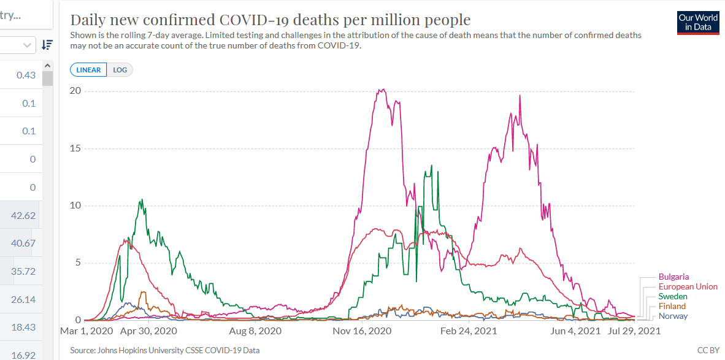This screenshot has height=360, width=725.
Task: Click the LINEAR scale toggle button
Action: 89,70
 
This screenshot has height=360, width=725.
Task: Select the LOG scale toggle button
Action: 120,70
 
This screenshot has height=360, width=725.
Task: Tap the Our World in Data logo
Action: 698,23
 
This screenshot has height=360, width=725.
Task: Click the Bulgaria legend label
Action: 673,277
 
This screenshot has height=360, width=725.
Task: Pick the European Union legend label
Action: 688,287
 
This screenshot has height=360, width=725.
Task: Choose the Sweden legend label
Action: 673,297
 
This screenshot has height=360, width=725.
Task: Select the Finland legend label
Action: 672,307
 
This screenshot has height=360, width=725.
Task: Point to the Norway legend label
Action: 673,316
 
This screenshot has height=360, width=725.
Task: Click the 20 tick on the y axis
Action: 75,91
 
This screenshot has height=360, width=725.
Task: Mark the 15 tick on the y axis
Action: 75,148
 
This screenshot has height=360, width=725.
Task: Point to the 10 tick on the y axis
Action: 75,205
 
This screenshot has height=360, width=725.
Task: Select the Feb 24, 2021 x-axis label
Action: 468,331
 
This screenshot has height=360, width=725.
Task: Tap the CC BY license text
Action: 708,350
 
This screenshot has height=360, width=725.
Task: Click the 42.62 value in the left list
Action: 23,215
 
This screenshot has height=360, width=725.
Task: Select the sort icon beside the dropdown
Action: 47,45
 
